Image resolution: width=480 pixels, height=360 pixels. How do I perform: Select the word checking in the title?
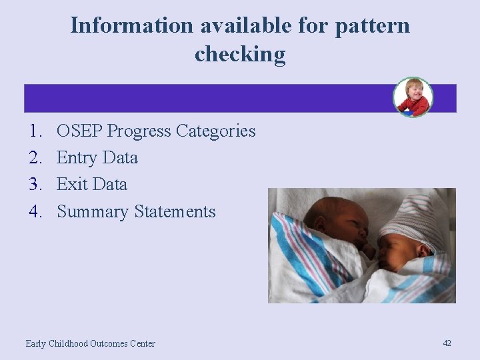(x=240, y=53)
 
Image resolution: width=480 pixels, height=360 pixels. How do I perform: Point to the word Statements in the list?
(x=175, y=212)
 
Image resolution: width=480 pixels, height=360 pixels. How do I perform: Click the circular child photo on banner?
(x=413, y=97)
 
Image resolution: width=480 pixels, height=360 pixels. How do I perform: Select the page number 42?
(x=447, y=343)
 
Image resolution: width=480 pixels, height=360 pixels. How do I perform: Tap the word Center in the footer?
(x=141, y=343)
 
